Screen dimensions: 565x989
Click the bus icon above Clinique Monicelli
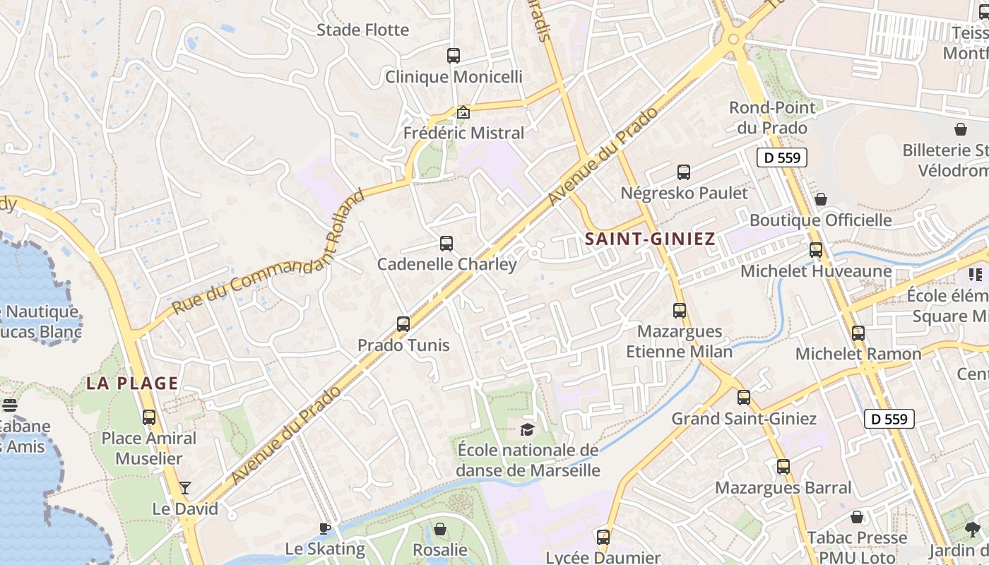pos(454,55)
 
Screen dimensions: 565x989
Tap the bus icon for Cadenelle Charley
pos(446,244)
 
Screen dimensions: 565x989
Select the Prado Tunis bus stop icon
pos(403,324)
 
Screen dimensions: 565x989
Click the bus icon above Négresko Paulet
pos(684,172)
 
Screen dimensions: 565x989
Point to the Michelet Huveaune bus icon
pos(816,250)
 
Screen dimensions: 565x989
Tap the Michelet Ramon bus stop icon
pos(858,333)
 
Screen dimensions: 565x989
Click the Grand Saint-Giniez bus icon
pos(744,398)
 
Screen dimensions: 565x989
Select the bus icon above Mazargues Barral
pos(783,467)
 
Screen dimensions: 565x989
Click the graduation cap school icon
pos(528,429)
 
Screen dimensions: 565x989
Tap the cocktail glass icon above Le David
pos(185,488)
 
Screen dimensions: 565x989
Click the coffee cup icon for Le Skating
pos(325,528)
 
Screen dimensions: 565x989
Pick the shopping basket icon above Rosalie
pos(440,529)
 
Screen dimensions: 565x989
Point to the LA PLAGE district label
pos(132,383)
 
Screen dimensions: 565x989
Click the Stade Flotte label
pos(362,30)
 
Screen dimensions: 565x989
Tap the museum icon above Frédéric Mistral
pos(463,112)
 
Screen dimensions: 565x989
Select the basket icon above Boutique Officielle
pos(821,199)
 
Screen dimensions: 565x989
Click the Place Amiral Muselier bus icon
pos(149,417)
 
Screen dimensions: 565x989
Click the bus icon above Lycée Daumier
pos(603,537)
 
